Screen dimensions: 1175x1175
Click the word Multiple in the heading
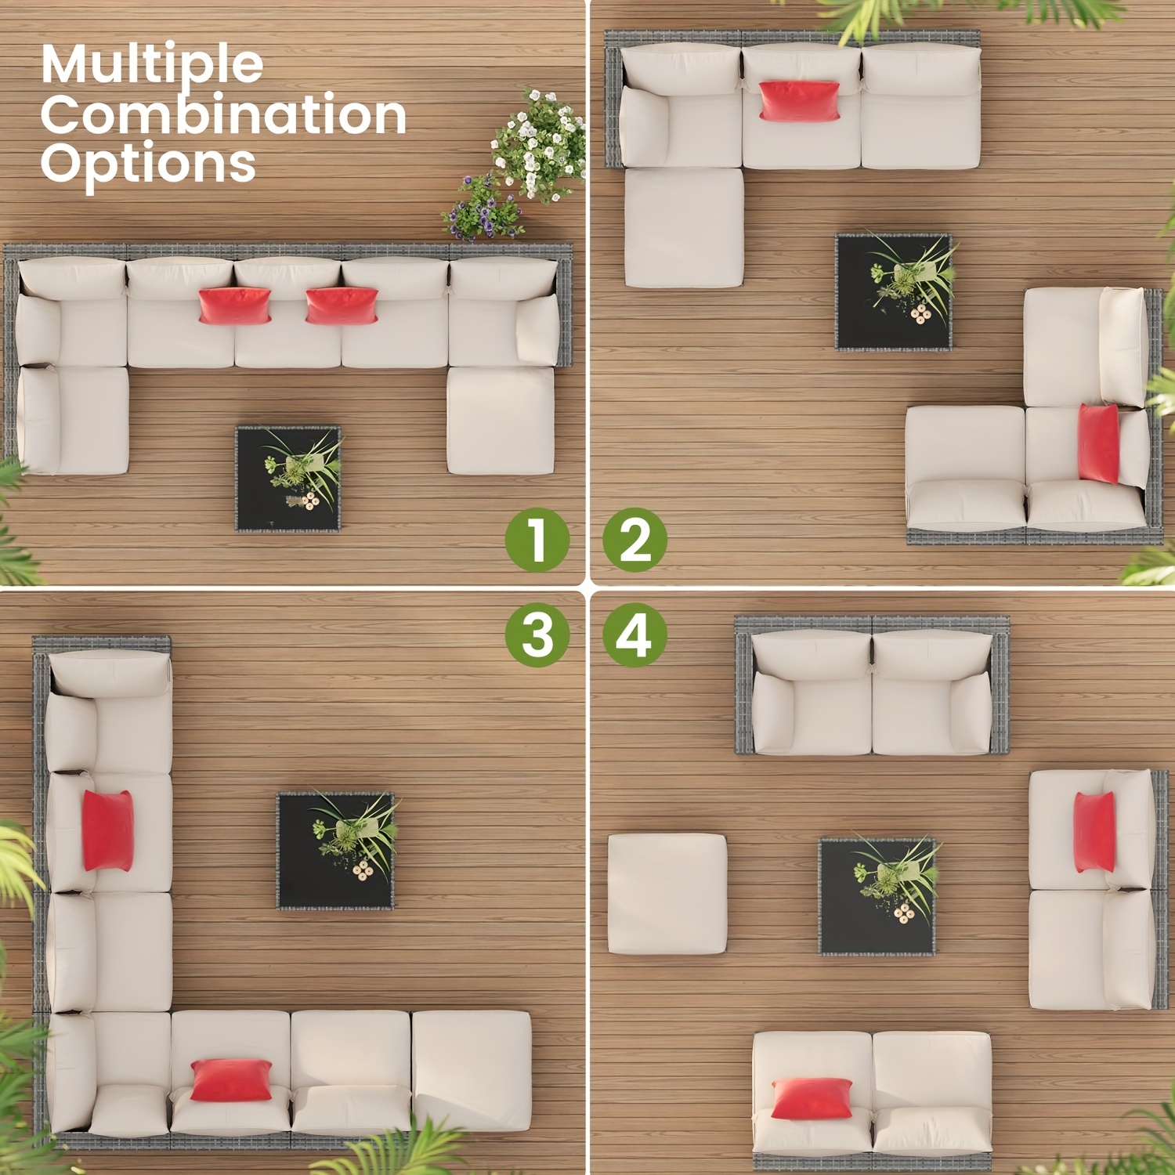pos(151,65)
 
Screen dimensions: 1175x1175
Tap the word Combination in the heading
pos(223,115)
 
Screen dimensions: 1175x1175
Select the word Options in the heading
pos(148,164)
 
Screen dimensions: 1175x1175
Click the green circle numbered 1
pos(537,540)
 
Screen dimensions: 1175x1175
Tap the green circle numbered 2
pos(634,540)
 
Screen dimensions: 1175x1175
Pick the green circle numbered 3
pos(537,634)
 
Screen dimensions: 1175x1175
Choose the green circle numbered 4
pos(634,634)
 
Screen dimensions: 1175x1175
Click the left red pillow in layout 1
pos(234,305)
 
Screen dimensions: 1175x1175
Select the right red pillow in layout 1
pos(342,305)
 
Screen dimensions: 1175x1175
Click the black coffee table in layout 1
pos(288,479)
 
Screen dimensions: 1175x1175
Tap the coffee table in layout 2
pos(894,291)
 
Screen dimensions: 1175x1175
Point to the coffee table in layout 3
pos(336,851)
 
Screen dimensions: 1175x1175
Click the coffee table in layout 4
pos(877,896)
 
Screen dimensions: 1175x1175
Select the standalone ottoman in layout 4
pos(667,894)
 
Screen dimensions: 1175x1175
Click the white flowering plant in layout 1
pos(540,145)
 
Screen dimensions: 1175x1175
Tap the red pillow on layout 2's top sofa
pos(799,101)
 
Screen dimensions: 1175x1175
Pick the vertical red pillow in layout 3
pos(107,830)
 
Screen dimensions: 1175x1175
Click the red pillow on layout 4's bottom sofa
pos(812,1098)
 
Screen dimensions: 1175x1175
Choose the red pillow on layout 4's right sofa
pos(1094,832)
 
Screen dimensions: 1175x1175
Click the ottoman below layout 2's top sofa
pos(684,228)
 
